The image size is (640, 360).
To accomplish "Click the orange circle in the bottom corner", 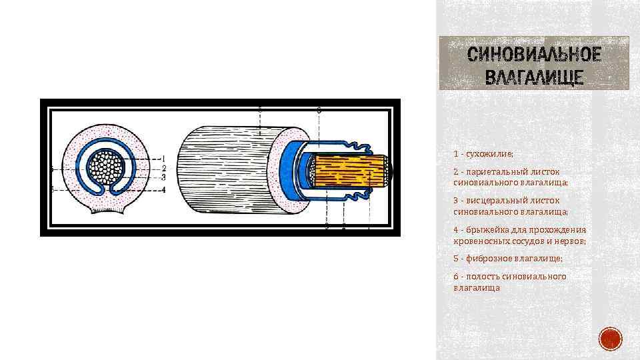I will click(x=609, y=339).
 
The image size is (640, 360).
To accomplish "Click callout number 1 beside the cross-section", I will click(x=163, y=158).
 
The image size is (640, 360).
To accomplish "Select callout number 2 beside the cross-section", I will click(x=163, y=168).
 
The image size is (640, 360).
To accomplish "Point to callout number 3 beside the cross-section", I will click(x=163, y=177).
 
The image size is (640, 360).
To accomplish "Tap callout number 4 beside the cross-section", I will click(x=163, y=189).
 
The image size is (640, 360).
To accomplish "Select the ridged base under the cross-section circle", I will click(x=107, y=211).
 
